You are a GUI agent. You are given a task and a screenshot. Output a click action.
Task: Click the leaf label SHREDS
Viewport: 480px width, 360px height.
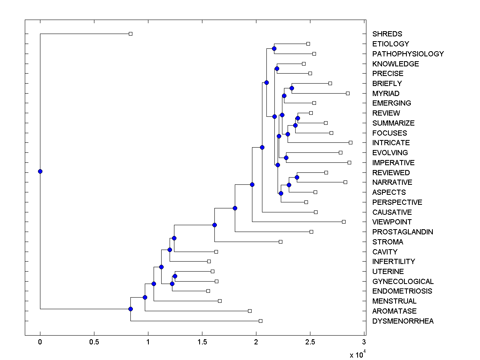click(387, 34)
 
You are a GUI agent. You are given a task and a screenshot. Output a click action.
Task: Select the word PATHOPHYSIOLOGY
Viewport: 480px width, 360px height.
click(408, 54)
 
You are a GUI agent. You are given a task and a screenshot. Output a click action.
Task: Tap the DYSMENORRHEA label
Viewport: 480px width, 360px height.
click(402, 321)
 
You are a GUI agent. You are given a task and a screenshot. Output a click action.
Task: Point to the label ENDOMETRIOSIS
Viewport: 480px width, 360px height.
click(402, 291)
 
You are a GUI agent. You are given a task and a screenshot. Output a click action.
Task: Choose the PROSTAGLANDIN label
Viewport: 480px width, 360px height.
click(402, 232)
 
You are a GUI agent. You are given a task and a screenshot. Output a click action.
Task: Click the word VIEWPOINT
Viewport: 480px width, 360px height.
click(392, 222)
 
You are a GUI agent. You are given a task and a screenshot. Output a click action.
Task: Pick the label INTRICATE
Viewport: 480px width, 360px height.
click(391, 143)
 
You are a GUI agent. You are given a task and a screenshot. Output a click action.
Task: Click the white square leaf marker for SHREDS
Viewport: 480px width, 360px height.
click(130, 34)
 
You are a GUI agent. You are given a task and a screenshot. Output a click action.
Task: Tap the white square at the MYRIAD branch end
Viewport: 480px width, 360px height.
click(348, 93)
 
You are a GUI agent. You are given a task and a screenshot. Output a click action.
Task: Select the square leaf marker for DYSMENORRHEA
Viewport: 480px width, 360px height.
click(260, 321)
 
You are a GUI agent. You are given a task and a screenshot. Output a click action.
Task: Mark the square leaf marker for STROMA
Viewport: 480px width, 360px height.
click(280, 242)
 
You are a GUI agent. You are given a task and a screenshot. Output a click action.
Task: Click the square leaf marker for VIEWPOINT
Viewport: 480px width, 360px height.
click(344, 222)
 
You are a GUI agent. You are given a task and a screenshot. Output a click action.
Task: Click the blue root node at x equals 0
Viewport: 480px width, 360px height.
click(40, 171)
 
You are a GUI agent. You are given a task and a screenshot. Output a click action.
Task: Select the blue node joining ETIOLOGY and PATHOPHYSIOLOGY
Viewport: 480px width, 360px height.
click(274, 49)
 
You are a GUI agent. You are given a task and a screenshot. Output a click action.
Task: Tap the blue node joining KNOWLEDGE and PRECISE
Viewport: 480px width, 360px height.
click(277, 69)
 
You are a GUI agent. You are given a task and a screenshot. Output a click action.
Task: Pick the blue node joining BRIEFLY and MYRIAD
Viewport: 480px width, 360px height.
click(292, 88)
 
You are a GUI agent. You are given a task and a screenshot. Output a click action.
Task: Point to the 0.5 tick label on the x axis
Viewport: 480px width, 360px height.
click(94, 342)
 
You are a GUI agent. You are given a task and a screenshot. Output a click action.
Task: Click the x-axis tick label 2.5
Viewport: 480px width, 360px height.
click(310, 342)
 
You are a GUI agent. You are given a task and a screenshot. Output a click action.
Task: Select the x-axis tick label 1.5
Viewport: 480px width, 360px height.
click(202, 342)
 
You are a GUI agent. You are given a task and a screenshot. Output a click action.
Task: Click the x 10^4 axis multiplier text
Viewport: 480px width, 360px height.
click(357, 354)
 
